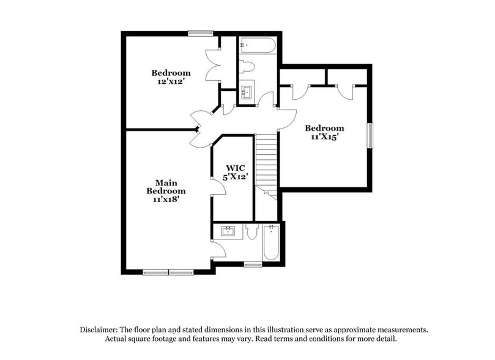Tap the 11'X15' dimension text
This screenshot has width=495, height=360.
tap(324, 137)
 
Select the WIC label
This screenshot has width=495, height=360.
tap(236, 168)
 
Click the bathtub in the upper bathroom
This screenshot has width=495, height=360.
tap(259, 45)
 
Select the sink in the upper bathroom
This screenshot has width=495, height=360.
tap(247, 93)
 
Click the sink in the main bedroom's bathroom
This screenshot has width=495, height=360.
tap(228, 231)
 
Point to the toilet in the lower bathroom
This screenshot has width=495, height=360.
tap(251, 231)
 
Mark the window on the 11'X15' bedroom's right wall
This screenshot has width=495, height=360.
tap(370, 135)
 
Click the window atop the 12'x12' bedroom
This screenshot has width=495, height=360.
tap(201, 34)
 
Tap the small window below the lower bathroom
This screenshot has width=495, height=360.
tap(252, 264)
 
